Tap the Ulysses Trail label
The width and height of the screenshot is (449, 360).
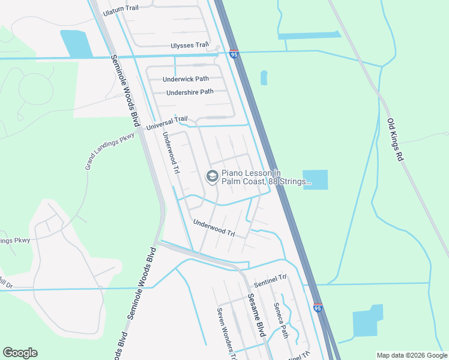tap(190, 45)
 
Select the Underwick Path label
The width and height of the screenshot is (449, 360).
tap(185, 79)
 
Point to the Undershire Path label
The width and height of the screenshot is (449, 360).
tap(190, 92)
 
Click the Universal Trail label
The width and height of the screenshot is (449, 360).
tap(167, 124)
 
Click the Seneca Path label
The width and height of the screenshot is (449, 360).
tap(281, 320)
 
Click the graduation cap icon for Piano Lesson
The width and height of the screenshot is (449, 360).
tap(211, 176)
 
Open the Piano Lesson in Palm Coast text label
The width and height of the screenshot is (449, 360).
tap(267, 176)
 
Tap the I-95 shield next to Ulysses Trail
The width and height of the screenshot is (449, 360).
tap(234, 54)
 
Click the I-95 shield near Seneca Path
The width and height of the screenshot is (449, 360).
tap(318, 308)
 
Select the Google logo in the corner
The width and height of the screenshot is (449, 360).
tap(20, 353)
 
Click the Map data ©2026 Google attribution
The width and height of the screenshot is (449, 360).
tap(412, 355)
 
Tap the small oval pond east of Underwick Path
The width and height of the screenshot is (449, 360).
tap(264, 77)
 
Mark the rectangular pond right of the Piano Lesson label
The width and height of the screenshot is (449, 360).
tap(316, 179)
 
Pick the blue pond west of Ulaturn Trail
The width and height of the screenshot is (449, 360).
tap(76, 44)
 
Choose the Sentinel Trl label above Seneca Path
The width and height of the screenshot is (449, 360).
tap(271, 281)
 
